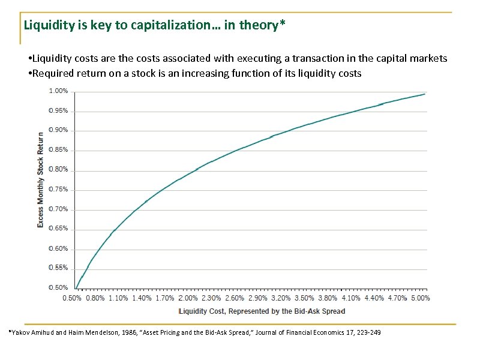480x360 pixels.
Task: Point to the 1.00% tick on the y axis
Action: pyautogui.click(x=58, y=91)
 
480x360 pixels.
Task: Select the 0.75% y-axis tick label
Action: pyautogui.click(x=58, y=189)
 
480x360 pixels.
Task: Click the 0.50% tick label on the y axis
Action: pyautogui.click(x=58, y=287)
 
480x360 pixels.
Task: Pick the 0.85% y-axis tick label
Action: pyautogui.click(x=58, y=150)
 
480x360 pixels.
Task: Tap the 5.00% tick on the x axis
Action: pyautogui.click(x=419, y=298)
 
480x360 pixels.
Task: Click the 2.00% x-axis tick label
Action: pyautogui.click(x=188, y=298)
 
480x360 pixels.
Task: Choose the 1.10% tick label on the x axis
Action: pyautogui.click(x=118, y=298)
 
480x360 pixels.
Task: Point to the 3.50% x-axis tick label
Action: pyautogui.click(x=304, y=298)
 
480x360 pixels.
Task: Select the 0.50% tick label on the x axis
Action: pyautogui.click(x=72, y=298)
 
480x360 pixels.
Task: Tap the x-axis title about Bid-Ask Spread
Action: pyautogui.click(x=262, y=311)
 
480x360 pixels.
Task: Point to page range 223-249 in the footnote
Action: pyautogui.click(x=367, y=333)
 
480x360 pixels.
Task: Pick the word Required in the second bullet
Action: pyautogui.click(x=52, y=73)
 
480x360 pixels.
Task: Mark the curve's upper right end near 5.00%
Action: pyautogui.click(x=425, y=94)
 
